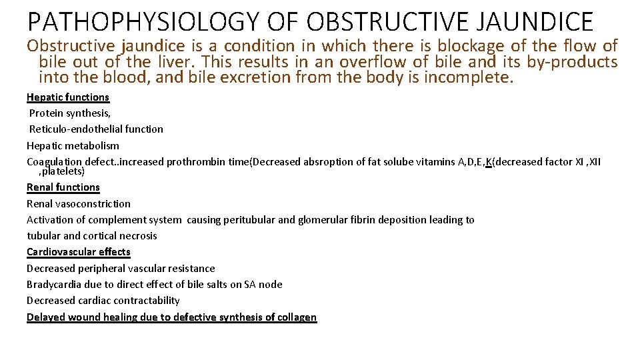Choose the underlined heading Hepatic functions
point(68,97)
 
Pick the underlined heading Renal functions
point(63,187)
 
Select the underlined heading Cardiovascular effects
point(79,252)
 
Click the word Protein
point(46,113)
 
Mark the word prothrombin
point(194,161)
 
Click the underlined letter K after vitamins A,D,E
point(489,161)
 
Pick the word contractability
point(147,300)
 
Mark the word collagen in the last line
point(297,317)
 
